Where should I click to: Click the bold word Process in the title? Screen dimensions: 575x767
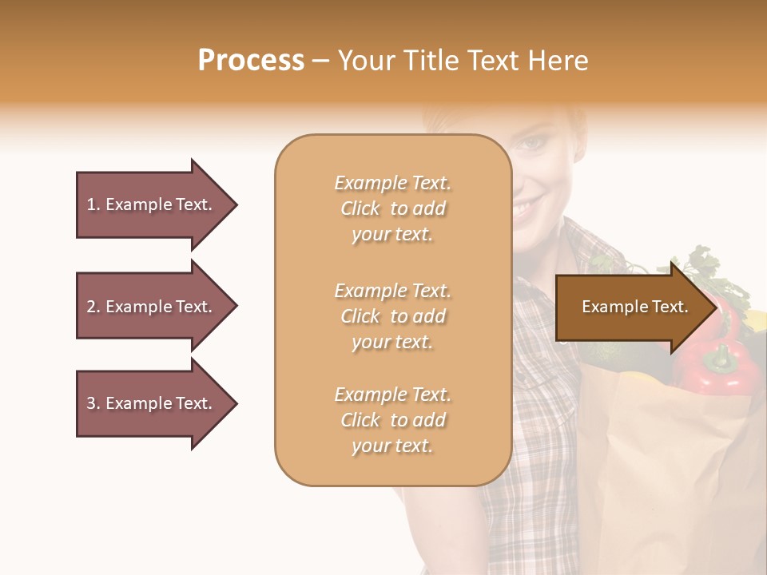(x=251, y=60)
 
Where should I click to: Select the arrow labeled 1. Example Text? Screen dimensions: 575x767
(x=152, y=204)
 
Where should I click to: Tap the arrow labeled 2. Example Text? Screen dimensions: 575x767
(x=152, y=307)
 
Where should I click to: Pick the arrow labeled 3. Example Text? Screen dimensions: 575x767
(x=152, y=403)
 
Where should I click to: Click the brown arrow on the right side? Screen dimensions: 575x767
(x=631, y=307)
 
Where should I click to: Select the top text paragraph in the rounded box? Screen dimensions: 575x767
(x=392, y=208)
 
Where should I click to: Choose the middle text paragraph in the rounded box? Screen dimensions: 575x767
(x=392, y=316)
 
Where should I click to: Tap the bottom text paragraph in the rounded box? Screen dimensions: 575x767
(x=392, y=420)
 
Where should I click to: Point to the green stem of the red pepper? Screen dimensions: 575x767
(x=721, y=359)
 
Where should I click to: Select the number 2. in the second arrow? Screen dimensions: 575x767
(x=93, y=307)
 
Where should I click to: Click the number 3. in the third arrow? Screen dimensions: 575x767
(x=93, y=403)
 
